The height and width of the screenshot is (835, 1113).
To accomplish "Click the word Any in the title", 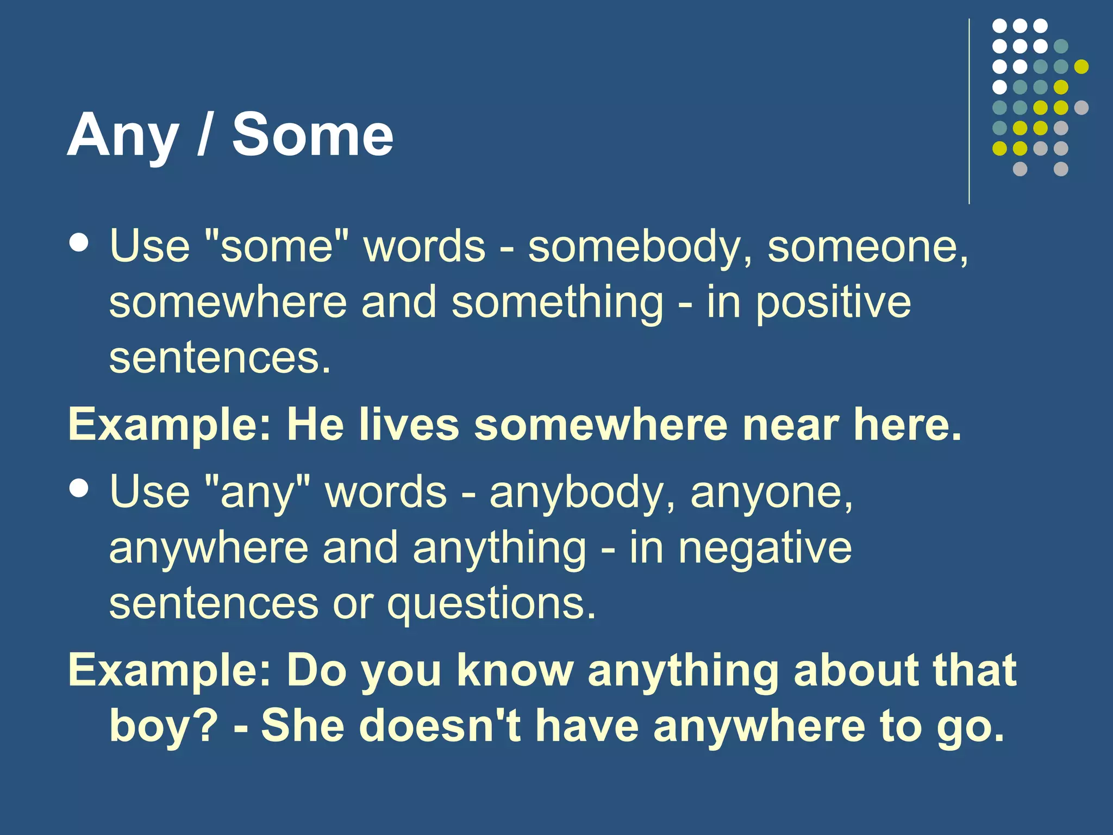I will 123,136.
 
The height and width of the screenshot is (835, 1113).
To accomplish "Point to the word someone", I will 867,247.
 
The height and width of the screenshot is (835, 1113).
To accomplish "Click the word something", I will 557,303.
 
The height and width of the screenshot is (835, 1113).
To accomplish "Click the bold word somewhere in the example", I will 601,425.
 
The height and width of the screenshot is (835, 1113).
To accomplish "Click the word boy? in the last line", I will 164,727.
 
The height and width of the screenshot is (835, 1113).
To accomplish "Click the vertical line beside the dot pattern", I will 969,111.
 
